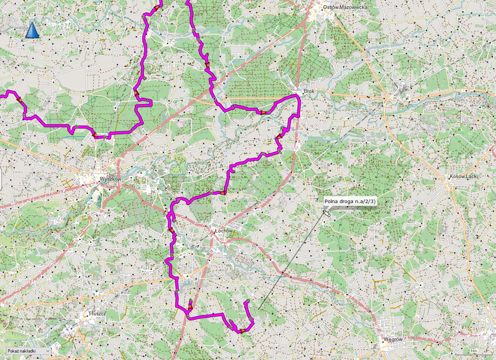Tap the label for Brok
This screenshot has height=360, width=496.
click(309, 91)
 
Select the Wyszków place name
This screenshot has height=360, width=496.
click(110, 179)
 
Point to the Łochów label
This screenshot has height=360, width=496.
click(224, 231)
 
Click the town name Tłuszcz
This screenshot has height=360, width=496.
click(97, 314)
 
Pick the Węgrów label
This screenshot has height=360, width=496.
click(393, 340)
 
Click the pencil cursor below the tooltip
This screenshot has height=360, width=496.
click(326, 213)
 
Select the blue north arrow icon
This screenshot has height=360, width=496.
click(32, 30)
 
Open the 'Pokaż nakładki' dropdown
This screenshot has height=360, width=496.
click(28, 351)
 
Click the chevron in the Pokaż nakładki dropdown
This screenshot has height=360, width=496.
click(48, 351)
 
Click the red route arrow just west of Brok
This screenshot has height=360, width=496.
click(263, 112)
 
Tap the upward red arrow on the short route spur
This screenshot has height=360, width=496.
click(190, 306)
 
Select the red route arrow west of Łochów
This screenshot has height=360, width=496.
click(172, 231)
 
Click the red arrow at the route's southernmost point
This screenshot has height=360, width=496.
click(242, 331)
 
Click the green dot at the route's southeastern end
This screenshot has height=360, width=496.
click(248, 300)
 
